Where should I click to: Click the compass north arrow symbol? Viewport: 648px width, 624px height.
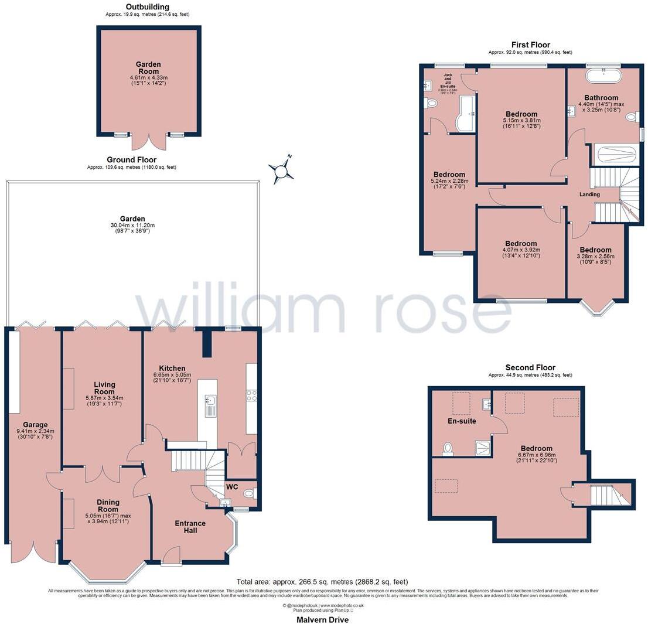(x=281, y=170)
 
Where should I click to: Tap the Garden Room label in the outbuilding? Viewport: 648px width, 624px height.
(x=148, y=68)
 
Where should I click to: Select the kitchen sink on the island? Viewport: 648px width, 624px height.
(x=210, y=403)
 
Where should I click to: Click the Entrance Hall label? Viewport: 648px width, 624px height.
(x=190, y=527)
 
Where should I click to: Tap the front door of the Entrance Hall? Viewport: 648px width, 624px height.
(x=172, y=556)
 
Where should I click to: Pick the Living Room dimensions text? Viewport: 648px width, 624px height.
(x=104, y=401)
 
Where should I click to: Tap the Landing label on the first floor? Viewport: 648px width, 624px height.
(x=589, y=195)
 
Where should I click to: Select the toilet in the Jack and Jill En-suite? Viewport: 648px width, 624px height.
(x=432, y=103)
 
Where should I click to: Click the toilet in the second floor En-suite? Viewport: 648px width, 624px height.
(x=448, y=448)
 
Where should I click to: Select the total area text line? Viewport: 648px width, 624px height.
(x=322, y=582)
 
